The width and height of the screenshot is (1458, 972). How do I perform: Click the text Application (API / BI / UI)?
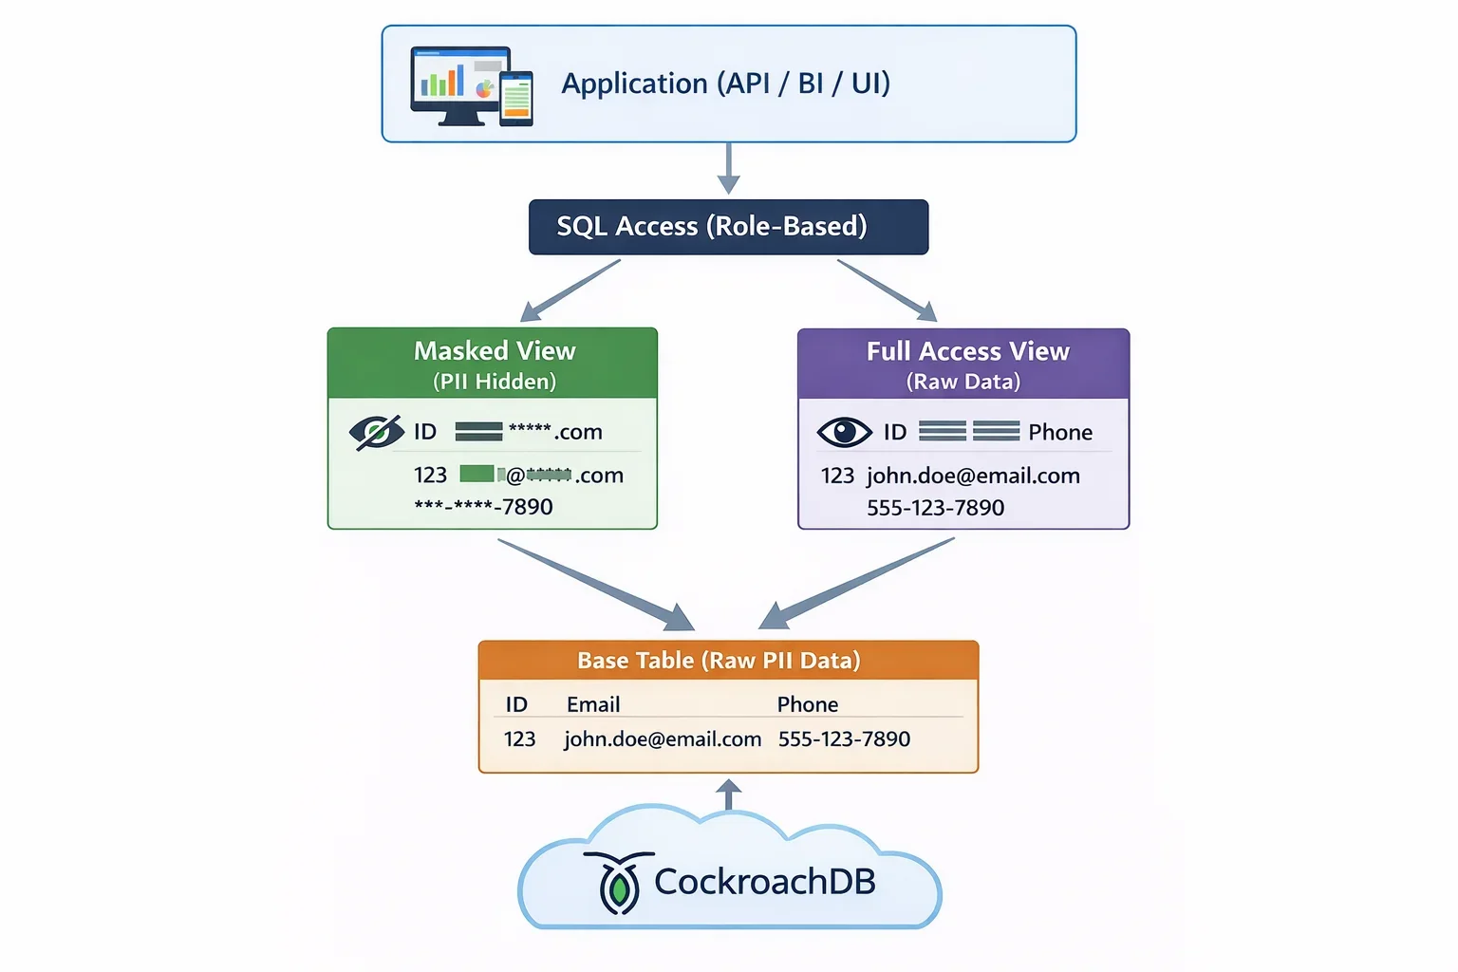tap(726, 84)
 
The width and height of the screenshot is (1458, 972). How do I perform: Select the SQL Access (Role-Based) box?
tap(728, 227)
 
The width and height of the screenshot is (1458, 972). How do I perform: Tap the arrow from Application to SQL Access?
tap(728, 168)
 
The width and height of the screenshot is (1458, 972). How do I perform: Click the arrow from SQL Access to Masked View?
tap(570, 290)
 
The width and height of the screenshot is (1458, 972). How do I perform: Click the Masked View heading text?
tap(495, 351)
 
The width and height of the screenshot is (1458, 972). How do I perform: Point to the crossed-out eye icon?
tap(376, 432)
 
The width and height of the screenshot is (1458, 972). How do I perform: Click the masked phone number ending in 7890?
tap(483, 507)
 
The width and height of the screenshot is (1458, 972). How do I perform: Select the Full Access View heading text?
tap(967, 352)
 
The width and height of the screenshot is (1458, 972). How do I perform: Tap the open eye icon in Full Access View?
tap(844, 432)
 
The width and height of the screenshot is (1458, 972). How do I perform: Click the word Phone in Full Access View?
tap(1060, 433)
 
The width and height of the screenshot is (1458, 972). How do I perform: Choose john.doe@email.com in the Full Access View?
tap(973, 476)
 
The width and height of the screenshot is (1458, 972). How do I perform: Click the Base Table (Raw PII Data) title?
tap(719, 661)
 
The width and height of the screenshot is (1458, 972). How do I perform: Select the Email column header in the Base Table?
tap(593, 704)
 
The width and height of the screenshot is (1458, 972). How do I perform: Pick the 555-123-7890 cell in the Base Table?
tap(844, 738)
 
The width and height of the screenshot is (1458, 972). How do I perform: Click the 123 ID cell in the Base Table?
tap(519, 738)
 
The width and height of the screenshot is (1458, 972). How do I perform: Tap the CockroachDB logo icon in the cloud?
tap(619, 883)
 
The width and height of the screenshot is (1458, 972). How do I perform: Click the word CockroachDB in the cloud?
tap(764, 882)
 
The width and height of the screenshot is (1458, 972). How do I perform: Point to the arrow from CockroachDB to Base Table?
tap(728, 794)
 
